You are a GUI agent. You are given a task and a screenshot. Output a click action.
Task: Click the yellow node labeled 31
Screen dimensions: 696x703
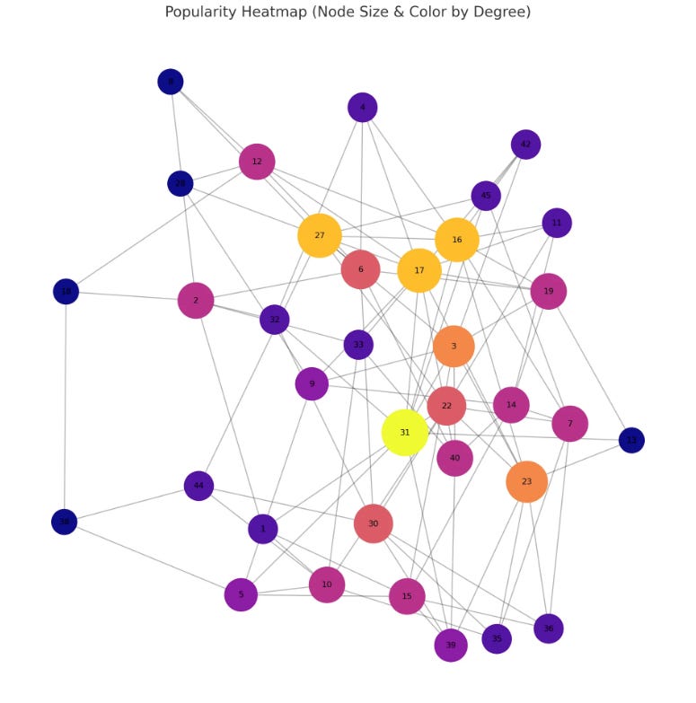pyautogui.click(x=405, y=433)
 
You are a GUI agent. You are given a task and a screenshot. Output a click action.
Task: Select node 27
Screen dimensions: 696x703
pyautogui.click(x=320, y=235)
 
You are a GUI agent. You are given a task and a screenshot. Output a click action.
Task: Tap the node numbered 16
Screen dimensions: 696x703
pyautogui.click(x=457, y=240)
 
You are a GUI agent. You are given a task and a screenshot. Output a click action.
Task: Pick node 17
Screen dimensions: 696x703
pyautogui.click(x=419, y=270)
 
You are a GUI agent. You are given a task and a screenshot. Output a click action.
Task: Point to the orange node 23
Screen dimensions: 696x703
pyautogui.click(x=526, y=482)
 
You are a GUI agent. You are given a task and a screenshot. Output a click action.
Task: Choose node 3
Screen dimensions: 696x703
pyautogui.click(x=454, y=346)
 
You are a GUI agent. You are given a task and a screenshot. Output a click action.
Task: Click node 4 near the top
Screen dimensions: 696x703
pyautogui.click(x=363, y=108)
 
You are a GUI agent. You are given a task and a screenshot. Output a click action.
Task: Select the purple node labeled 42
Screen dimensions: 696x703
pyautogui.click(x=525, y=145)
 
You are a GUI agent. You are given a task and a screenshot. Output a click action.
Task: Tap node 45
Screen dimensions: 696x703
pyautogui.click(x=486, y=196)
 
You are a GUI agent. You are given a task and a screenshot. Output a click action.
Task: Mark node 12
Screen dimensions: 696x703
pyautogui.click(x=257, y=162)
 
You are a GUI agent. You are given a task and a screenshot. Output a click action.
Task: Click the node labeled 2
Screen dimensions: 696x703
pyautogui.click(x=196, y=300)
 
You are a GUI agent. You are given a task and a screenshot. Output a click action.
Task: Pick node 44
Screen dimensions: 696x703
pyautogui.click(x=198, y=486)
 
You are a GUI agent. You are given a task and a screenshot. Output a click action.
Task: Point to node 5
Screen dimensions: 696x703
pyautogui.click(x=241, y=594)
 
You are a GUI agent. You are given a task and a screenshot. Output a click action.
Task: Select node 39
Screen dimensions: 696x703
pyautogui.click(x=451, y=645)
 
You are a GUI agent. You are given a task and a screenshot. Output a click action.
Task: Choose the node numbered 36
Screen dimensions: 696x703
pyautogui.click(x=549, y=628)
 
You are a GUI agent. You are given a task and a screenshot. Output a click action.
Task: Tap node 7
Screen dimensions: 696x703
pyautogui.click(x=569, y=424)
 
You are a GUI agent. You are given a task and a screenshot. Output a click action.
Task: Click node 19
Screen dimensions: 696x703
pyautogui.click(x=549, y=291)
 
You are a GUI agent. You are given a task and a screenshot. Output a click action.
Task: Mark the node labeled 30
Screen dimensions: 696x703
pyautogui.click(x=374, y=523)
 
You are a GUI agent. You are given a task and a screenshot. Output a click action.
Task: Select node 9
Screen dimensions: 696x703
pyautogui.click(x=312, y=384)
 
